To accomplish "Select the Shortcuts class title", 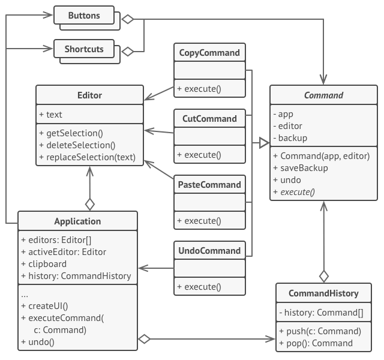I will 84,49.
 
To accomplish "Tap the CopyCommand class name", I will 210,53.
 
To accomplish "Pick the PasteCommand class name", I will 210,185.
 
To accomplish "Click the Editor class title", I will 89,95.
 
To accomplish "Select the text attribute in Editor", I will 54,115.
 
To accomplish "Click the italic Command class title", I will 323,95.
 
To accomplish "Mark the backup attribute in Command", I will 293,138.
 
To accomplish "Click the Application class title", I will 77,221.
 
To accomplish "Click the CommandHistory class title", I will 323,293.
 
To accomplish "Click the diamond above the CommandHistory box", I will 323,276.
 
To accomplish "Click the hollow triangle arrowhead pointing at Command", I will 263,143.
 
